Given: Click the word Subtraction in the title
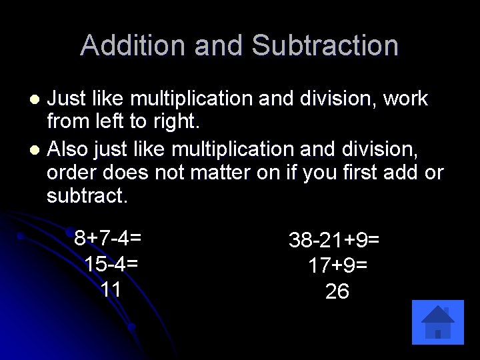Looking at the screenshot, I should (x=325, y=45).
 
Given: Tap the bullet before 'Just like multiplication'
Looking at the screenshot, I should (x=37, y=100).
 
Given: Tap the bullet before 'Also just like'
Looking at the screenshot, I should (x=37, y=149).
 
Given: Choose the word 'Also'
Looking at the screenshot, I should (x=70, y=148).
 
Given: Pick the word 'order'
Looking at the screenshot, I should (x=73, y=173).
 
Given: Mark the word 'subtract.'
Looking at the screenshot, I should (x=87, y=197).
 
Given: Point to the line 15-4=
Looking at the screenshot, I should (x=111, y=263).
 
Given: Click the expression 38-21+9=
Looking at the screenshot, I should (x=334, y=239).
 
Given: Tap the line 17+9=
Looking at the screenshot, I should (x=337, y=265).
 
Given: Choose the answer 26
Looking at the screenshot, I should (x=337, y=291).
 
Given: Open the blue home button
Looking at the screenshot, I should (x=438, y=322).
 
